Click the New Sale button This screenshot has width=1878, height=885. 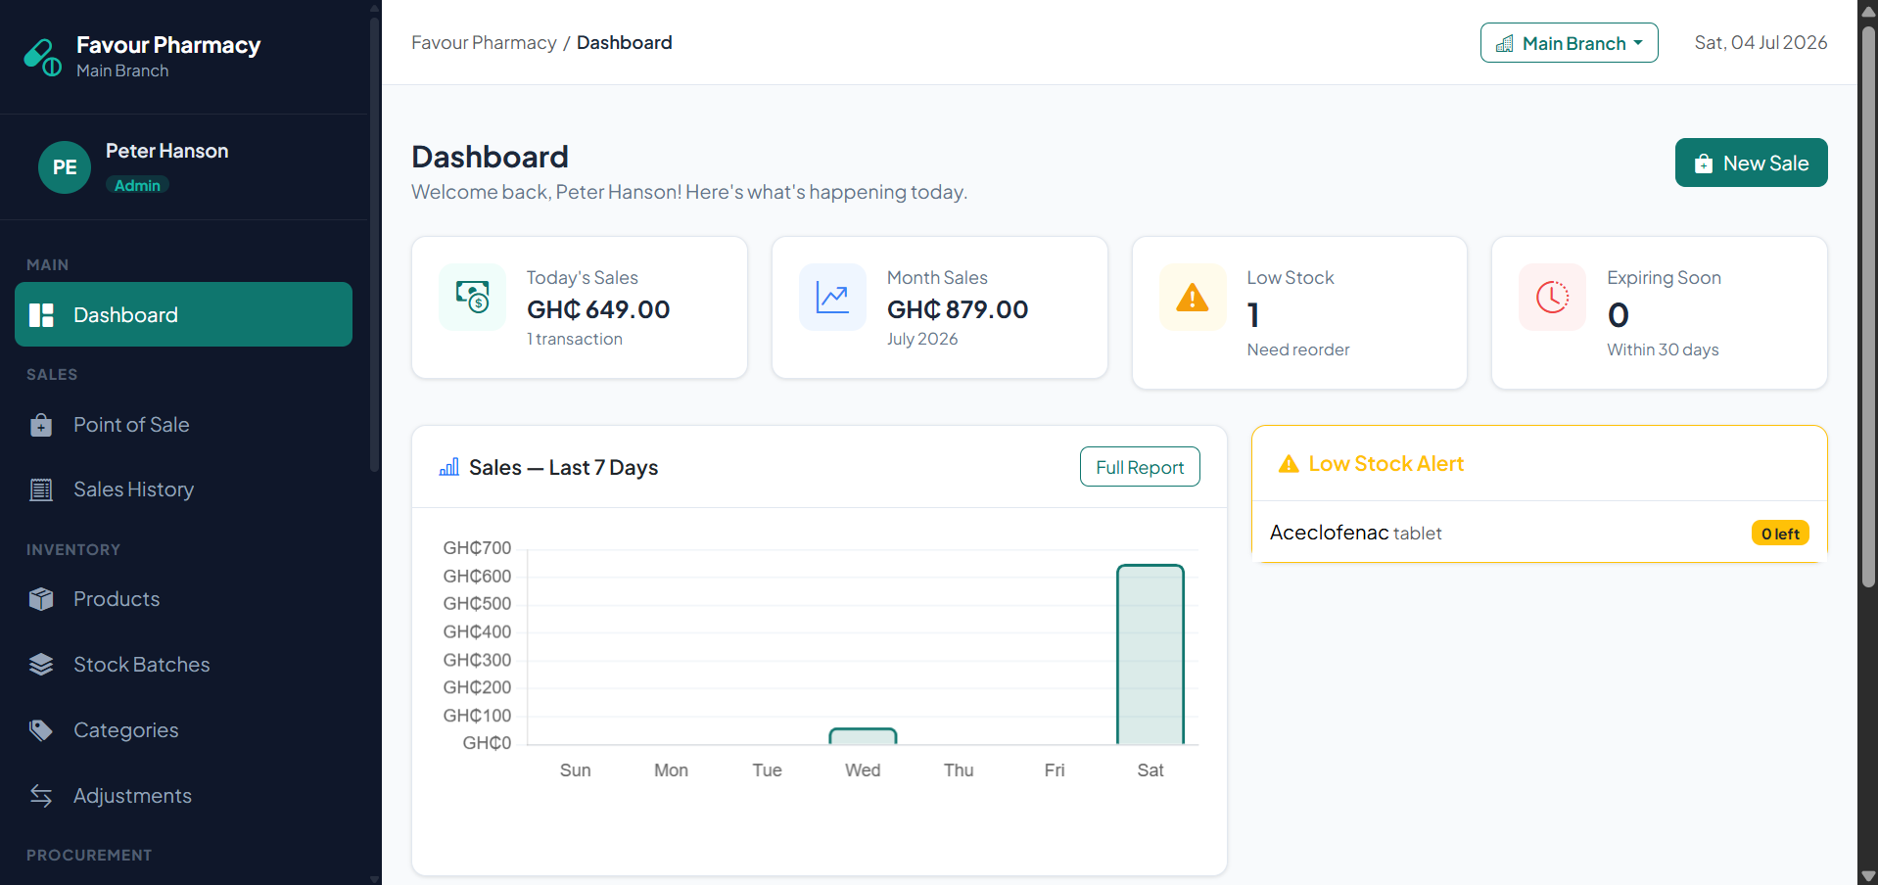coord(1751,163)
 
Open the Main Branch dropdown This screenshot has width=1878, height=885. coord(1569,43)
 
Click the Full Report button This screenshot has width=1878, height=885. coord(1140,467)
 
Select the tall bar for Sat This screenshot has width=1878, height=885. coord(1150,655)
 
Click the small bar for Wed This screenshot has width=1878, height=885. coord(863,736)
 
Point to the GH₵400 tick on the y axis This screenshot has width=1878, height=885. coord(477,632)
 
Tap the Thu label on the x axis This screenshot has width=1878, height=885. coord(959,770)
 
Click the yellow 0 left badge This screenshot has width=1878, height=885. coord(1780,534)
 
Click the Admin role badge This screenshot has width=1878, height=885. coord(137,185)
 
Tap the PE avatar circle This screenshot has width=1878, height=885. coord(65,167)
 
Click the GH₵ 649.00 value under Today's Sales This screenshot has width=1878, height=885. coord(598,309)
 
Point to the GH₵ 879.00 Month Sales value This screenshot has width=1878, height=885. coord(958,309)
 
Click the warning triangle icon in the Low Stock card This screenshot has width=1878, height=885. coord(1193,297)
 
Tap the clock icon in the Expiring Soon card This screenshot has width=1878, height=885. coord(1553,297)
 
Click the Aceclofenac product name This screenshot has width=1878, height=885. coord(1330,533)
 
